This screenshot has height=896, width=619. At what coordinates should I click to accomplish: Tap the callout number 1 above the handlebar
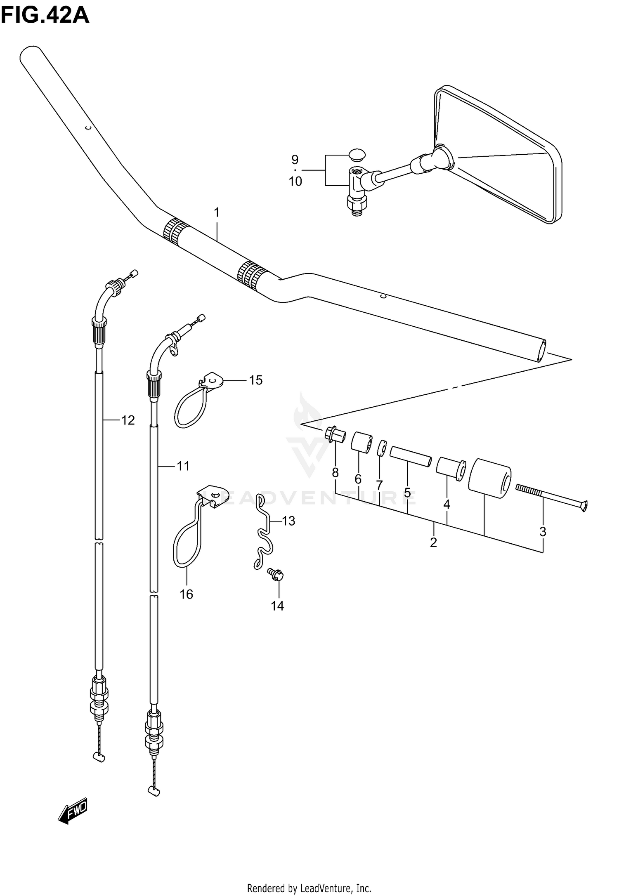click(x=217, y=213)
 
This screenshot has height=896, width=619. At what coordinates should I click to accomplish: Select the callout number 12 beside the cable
click(x=128, y=420)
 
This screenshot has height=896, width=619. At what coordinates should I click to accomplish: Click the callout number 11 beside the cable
click(x=183, y=466)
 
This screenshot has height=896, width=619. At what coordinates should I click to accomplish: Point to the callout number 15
click(x=256, y=380)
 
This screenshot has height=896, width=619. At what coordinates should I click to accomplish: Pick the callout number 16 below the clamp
click(x=186, y=594)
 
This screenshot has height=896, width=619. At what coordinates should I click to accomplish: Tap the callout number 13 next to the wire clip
click(x=288, y=521)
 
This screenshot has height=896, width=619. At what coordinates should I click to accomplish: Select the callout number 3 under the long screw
click(x=543, y=532)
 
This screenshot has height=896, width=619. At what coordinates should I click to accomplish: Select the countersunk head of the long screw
click(x=584, y=505)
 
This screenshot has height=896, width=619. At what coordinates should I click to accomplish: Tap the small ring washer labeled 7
click(x=382, y=448)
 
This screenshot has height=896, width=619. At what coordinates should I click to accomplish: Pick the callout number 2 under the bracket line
click(x=433, y=542)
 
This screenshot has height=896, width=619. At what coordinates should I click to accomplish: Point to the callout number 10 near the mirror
click(x=295, y=182)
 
